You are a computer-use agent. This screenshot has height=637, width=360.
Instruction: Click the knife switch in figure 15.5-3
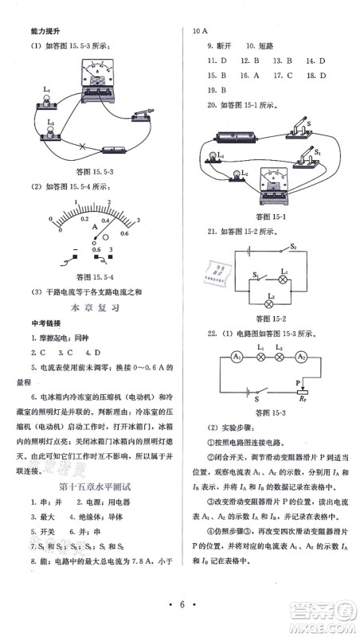(142, 114)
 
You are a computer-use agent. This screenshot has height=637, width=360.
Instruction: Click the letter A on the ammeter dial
(95, 227)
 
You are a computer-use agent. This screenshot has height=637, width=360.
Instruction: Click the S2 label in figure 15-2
(292, 248)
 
